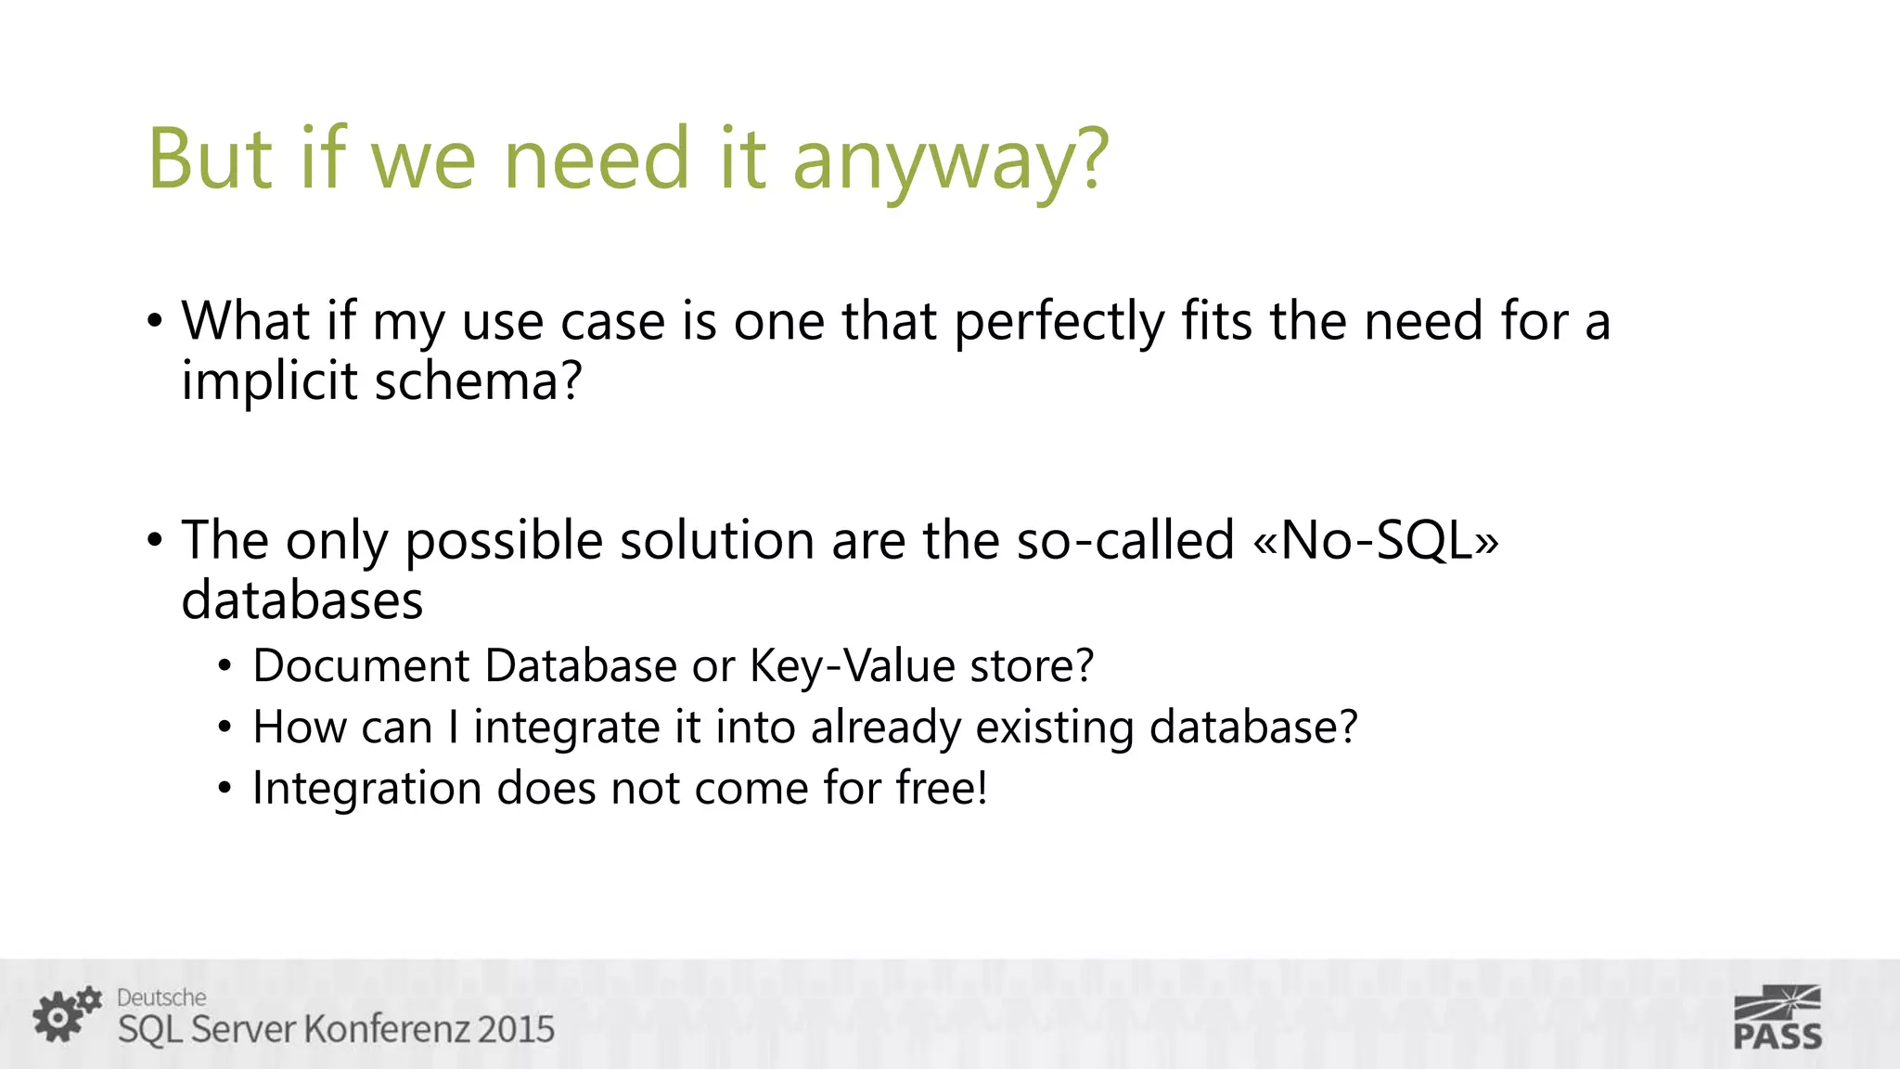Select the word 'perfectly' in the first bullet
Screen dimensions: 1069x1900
tap(1059, 322)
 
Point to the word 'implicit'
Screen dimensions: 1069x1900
tap(269, 381)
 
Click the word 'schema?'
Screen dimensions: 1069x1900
tap(478, 380)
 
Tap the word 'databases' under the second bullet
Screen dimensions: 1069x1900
tap(302, 600)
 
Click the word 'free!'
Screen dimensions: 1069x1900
tap(941, 788)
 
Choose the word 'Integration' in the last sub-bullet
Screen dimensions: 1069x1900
tap(366, 789)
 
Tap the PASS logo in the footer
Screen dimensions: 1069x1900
tap(1777, 1018)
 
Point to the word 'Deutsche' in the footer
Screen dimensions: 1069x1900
tap(161, 998)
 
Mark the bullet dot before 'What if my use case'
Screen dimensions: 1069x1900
tap(155, 322)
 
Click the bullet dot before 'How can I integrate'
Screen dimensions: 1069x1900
tap(225, 728)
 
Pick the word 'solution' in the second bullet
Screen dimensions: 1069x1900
tap(716, 540)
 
